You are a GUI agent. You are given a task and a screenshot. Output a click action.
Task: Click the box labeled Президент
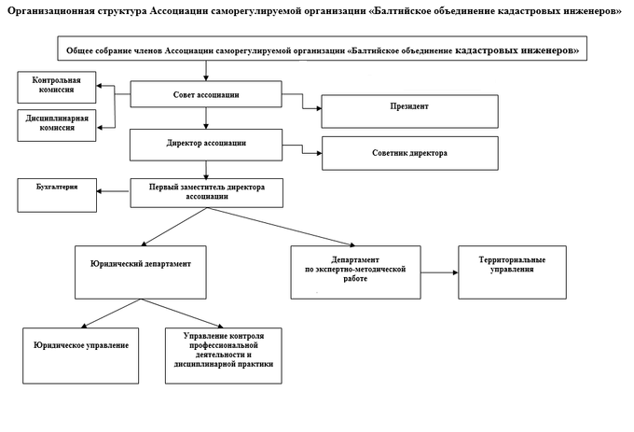pyautogui.click(x=409, y=112)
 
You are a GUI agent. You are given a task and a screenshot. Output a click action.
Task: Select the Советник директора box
pyautogui.click(x=410, y=153)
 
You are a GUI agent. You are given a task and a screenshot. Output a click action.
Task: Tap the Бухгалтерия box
pyautogui.click(x=57, y=195)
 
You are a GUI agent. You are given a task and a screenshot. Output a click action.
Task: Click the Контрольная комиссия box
pyautogui.click(x=57, y=88)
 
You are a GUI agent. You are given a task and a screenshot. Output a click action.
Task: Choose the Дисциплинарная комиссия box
pyautogui.click(x=57, y=125)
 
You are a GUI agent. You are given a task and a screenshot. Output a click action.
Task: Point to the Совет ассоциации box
pyautogui.click(x=206, y=94)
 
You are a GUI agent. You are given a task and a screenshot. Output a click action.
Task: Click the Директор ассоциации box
pyautogui.click(x=206, y=146)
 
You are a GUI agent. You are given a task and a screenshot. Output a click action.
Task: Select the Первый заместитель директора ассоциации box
pyautogui.click(x=207, y=193)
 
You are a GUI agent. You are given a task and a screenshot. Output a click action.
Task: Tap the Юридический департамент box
pyautogui.click(x=141, y=272)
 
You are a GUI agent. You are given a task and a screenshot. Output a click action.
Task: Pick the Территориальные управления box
pyautogui.click(x=512, y=272)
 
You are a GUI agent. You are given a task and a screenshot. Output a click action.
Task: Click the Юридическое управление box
pyautogui.click(x=81, y=355)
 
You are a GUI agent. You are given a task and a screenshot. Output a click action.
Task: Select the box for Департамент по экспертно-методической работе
pyautogui.click(x=356, y=272)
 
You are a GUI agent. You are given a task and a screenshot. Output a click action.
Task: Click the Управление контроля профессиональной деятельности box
pyautogui.click(x=224, y=355)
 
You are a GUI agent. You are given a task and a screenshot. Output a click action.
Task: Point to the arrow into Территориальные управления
pyautogui.click(x=439, y=272)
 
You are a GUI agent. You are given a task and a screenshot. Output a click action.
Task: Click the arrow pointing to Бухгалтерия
pyautogui.click(x=113, y=191)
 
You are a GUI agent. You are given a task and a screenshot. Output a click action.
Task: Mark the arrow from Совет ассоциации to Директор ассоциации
pyautogui.click(x=206, y=118)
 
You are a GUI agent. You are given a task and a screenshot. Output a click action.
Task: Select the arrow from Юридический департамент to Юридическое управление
pyautogui.click(x=111, y=314)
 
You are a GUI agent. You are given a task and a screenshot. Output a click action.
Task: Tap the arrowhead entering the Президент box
pyautogui.click(x=319, y=108)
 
